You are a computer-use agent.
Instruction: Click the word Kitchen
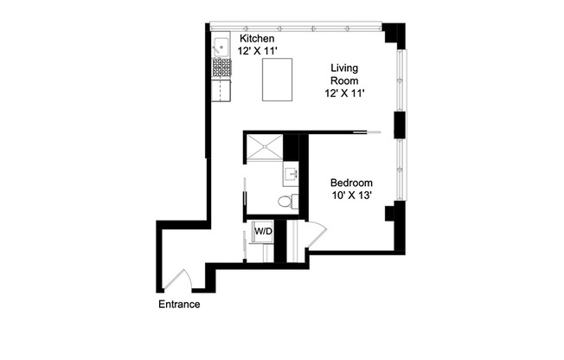(257, 39)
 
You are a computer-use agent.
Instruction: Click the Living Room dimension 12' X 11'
(349, 95)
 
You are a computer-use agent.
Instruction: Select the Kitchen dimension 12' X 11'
(257, 53)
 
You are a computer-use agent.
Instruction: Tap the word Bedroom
(351, 183)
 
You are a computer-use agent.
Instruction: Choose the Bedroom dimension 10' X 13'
(351, 197)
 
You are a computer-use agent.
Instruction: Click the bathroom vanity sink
(291, 176)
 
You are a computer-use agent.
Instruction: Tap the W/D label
(263, 231)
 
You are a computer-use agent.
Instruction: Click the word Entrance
(179, 305)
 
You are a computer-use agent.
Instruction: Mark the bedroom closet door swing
(317, 234)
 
